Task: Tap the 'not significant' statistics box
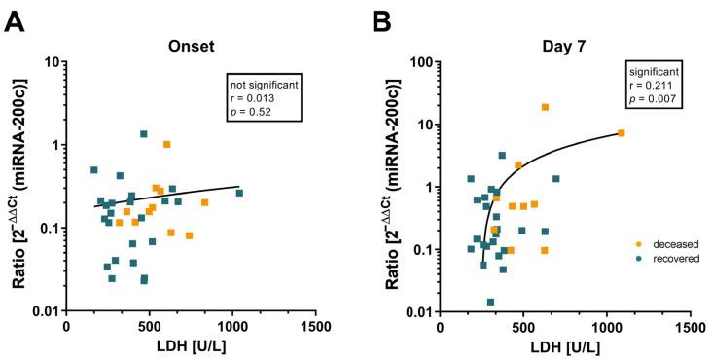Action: coord(263,97)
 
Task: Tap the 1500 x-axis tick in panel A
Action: coord(315,330)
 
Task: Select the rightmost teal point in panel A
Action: coord(239,193)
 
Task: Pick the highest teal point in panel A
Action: coord(143,134)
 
